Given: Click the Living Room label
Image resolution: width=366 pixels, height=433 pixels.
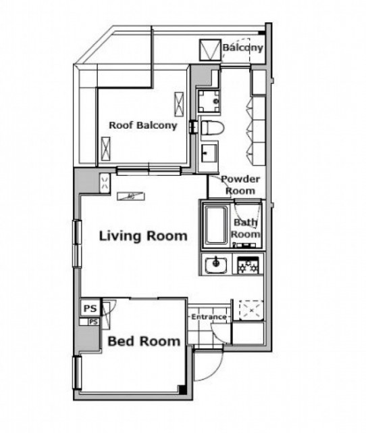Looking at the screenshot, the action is [x=143, y=236].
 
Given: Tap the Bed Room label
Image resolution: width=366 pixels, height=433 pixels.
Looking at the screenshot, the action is [x=144, y=341].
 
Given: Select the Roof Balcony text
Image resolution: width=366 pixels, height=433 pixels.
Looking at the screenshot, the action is [x=143, y=125].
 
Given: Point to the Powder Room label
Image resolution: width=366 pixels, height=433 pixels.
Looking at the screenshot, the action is [x=240, y=185].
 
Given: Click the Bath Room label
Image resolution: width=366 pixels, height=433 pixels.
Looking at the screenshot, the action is [x=245, y=228].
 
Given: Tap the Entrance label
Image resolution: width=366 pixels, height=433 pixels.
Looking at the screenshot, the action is [x=209, y=317].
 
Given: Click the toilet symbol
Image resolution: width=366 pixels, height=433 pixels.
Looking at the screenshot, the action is [x=211, y=128].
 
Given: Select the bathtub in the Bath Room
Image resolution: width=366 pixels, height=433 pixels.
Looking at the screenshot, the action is [x=217, y=225].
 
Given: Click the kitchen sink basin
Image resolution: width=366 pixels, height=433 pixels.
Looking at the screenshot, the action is [x=216, y=265].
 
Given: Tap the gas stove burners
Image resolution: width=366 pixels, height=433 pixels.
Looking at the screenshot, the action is [x=248, y=265].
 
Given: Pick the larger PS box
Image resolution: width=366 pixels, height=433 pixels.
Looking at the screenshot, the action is [x=90, y=309].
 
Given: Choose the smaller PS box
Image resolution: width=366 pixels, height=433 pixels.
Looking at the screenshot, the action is [x=93, y=322].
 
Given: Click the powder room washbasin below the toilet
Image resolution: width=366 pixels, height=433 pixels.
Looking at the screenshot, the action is [x=209, y=154].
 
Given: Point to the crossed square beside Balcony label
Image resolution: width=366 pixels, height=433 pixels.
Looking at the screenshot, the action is [x=210, y=50].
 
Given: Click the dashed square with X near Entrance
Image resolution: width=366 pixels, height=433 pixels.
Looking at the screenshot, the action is [x=251, y=310].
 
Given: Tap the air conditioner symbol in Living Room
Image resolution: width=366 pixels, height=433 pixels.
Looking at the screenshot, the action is [x=131, y=196].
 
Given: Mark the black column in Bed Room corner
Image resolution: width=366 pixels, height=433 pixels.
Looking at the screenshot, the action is [x=182, y=389].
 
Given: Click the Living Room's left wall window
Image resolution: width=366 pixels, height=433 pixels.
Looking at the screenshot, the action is [x=77, y=244].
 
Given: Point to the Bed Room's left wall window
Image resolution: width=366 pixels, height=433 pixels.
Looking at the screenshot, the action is [x=77, y=373].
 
